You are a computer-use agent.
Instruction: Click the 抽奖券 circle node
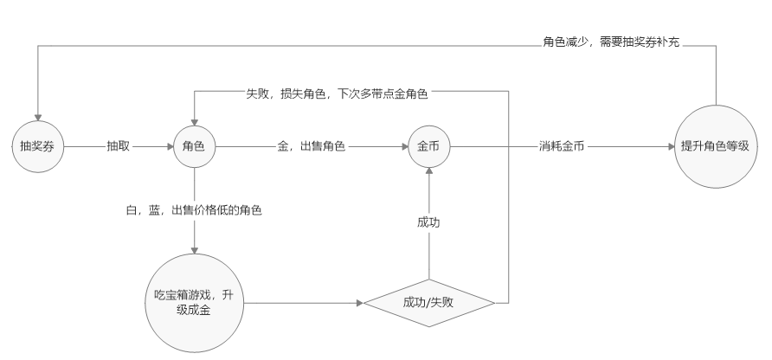[x=38, y=147]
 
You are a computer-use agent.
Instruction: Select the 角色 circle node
[x=195, y=147]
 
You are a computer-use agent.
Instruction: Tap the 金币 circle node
[x=428, y=147]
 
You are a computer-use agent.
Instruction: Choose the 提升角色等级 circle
[x=716, y=147]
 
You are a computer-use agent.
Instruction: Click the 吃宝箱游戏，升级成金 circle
[x=195, y=303]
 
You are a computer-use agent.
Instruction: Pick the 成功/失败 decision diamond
[x=428, y=303]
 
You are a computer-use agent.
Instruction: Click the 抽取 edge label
[x=119, y=146]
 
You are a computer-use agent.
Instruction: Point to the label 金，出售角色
[x=312, y=146]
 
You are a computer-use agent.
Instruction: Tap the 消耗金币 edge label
[x=562, y=146]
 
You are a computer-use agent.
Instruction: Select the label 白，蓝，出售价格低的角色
[x=194, y=210]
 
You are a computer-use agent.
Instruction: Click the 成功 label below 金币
[x=428, y=222]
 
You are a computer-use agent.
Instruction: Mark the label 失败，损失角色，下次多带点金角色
[x=337, y=93]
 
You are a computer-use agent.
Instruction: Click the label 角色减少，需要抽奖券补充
[x=611, y=42]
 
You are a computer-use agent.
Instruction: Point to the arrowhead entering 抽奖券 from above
[x=38, y=118]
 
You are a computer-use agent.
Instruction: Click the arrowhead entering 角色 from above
[x=195, y=123]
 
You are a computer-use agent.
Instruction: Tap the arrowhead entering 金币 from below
[x=428, y=171]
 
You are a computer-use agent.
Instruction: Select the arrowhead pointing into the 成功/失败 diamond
[x=360, y=303]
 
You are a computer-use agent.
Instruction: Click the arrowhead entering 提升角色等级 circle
[x=671, y=147]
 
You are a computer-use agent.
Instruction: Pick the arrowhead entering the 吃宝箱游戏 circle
[x=195, y=250]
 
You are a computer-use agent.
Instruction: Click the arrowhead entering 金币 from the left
[x=404, y=147]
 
